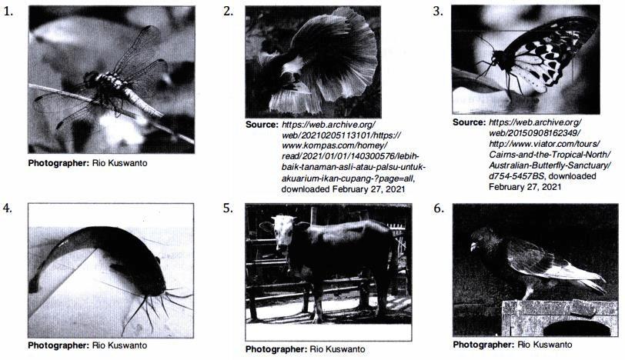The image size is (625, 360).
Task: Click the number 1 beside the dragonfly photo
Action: coord(8,12)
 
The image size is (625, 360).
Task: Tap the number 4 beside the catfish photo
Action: coord(8,208)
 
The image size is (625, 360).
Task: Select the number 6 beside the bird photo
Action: coord(439,208)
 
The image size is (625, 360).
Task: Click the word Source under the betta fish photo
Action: coord(262,125)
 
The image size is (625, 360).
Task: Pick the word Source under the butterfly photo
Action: coord(469,122)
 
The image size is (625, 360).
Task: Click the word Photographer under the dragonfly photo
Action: coord(58,163)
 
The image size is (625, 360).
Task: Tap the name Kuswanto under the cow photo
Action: coord(346,349)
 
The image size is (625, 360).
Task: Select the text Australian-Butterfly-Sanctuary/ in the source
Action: coord(550,165)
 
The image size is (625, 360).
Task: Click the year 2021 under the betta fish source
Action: coord(395,189)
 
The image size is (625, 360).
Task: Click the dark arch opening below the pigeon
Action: coord(577,328)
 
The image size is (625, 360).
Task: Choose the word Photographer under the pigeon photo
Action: coord(484,345)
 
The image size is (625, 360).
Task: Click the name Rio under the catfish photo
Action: coord(99,345)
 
